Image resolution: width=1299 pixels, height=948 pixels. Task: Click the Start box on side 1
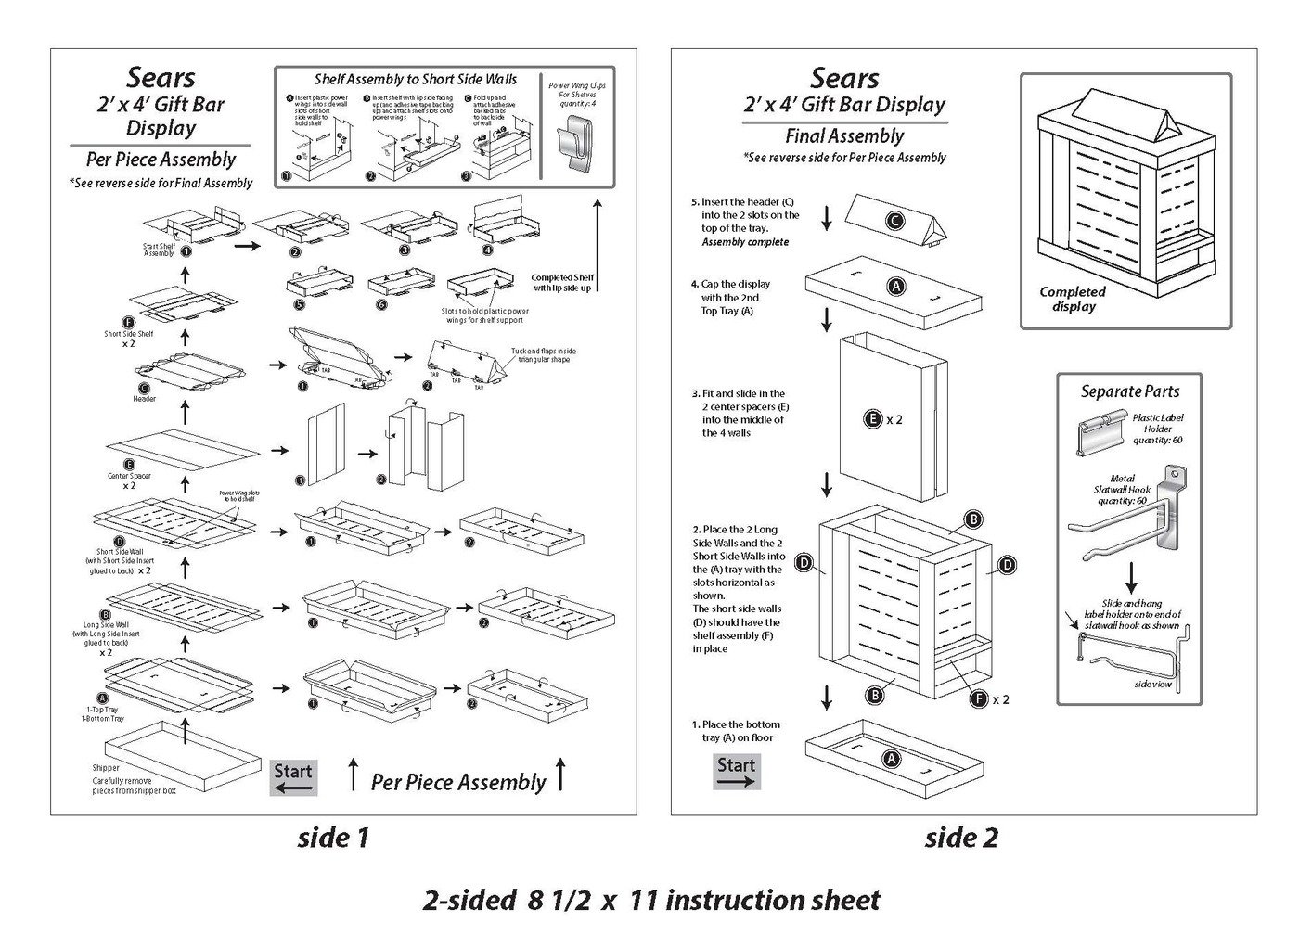point(293,777)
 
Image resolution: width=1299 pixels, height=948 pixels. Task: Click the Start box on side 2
point(737,772)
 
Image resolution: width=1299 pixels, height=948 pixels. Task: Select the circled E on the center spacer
point(872,419)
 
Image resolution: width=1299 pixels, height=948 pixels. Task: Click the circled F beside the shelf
point(978,698)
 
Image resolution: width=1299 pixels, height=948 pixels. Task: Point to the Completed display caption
point(1073,299)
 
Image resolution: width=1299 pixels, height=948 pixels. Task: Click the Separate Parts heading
point(1129,391)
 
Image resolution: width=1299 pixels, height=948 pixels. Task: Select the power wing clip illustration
point(574,145)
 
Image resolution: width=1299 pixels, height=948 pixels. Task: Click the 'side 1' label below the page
point(333,838)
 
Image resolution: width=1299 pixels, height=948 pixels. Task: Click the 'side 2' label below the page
point(961,838)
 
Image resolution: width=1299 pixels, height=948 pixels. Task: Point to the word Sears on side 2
point(844,78)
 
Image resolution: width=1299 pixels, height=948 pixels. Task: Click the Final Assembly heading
point(844,136)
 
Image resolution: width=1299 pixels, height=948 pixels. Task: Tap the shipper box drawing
point(184,756)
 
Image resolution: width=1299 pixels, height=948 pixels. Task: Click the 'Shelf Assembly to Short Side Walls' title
point(416,80)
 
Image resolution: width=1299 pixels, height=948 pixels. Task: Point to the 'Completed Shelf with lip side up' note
point(561,283)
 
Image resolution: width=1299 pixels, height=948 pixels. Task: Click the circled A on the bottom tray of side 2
point(890,759)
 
